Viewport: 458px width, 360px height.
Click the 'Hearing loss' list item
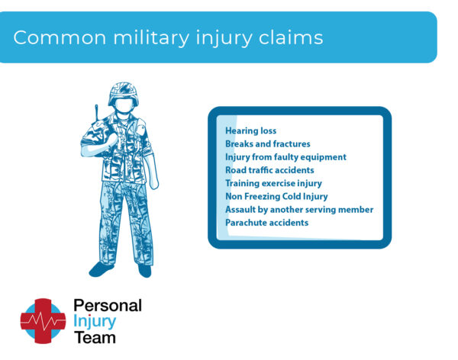point(250,130)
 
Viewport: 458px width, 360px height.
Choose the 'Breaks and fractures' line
point(267,143)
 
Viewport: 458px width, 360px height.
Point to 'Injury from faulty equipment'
point(285,157)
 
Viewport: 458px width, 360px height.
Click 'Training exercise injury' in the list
point(273,183)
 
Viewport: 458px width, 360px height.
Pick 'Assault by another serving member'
point(298,209)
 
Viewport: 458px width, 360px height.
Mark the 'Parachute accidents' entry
point(266,223)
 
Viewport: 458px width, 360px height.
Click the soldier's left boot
point(101,268)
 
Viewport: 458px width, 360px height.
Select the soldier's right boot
point(144,270)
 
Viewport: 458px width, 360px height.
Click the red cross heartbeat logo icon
point(43,320)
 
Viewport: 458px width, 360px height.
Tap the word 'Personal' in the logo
point(107,305)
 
